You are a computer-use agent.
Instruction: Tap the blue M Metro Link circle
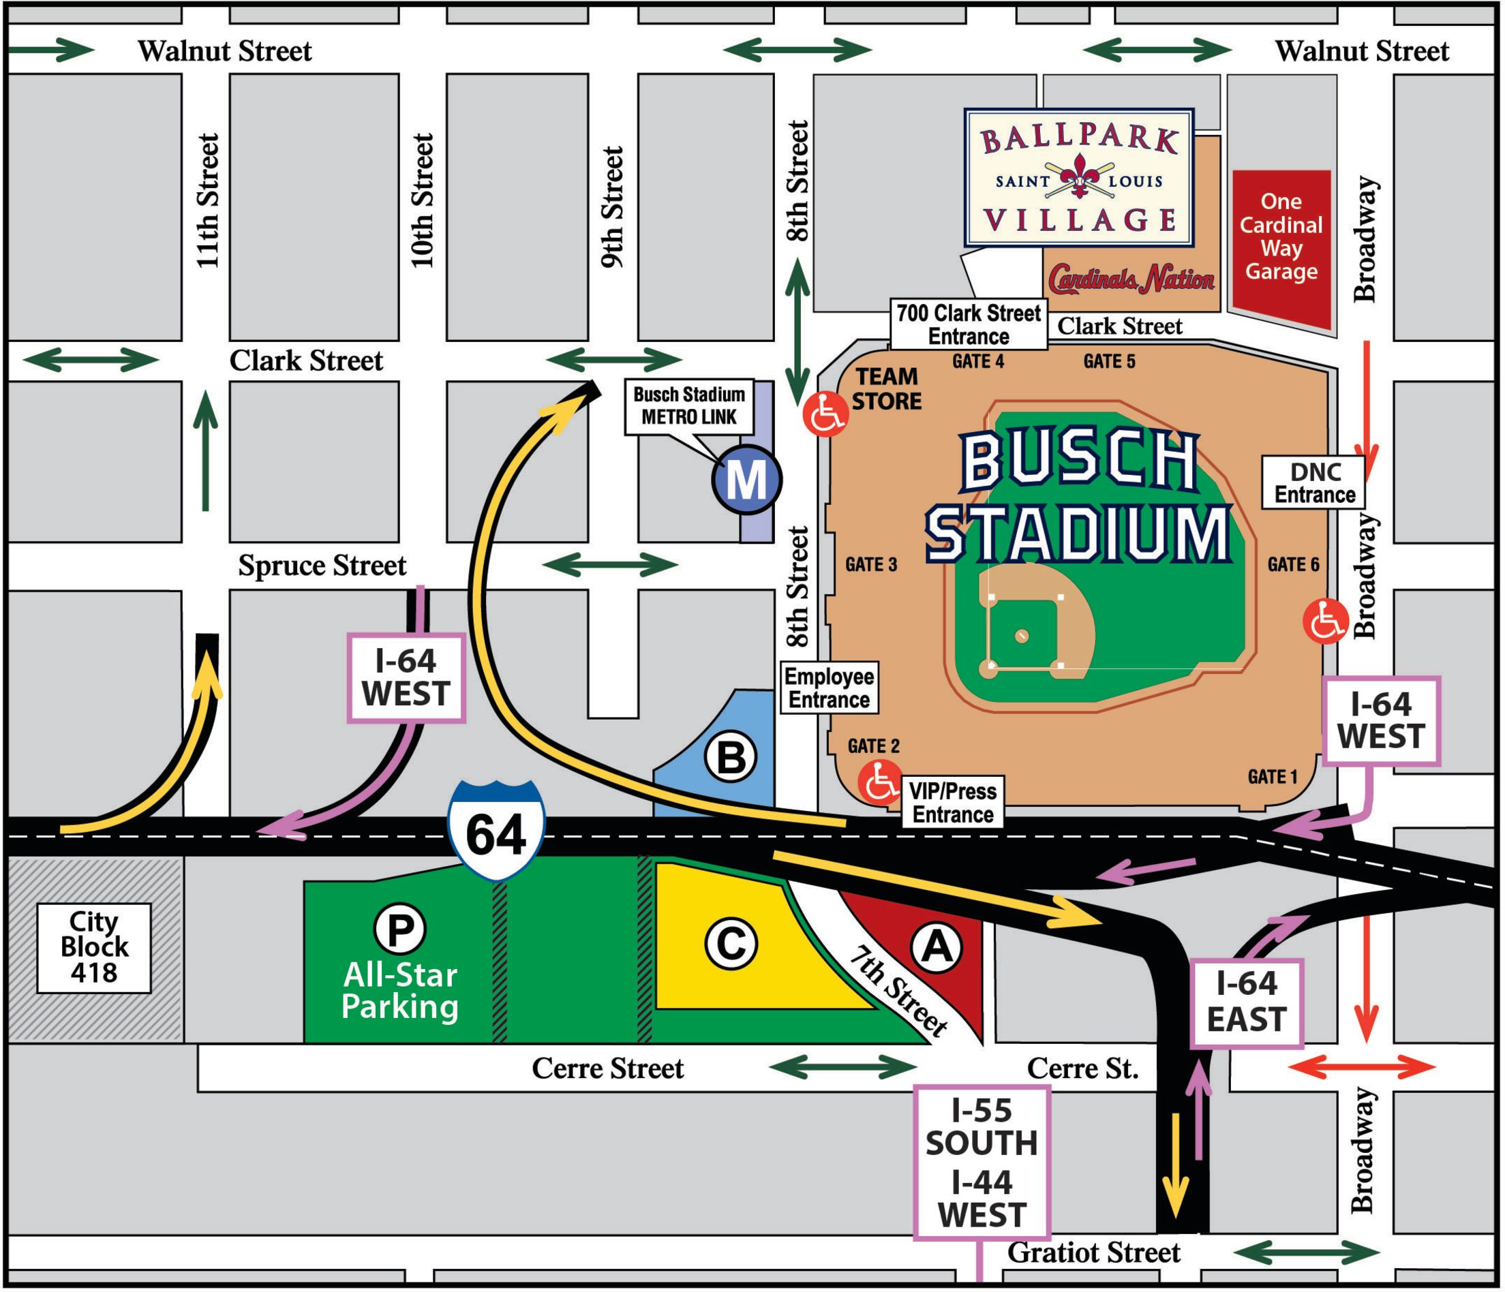(x=746, y=479)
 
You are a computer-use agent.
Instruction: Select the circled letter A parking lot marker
(x=937, y=948)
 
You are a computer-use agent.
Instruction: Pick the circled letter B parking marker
(x=731, y=757)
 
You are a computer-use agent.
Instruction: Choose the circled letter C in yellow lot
(x=731, y=944)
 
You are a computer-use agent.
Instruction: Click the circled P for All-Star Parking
(x=399, y=929)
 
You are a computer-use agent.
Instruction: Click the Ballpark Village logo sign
(x=1078, y=178)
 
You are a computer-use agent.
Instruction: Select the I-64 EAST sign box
(x=1247, y=1003)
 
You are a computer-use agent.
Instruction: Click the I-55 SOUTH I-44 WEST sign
(x=982, y=1163)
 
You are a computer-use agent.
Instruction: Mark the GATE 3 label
(x=871, y=564)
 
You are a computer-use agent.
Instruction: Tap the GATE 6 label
(x=1293, y=564)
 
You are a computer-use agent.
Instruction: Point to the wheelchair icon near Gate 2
(x=879, y=782)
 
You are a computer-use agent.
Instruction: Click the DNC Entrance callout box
(x=1314, y=483)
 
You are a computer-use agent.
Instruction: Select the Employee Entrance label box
(x=829, y=688)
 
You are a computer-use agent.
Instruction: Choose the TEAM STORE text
(x=886, y=388)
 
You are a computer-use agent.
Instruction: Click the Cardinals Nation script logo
(x=1131, y=279)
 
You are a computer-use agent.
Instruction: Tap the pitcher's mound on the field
(x=1021, y=636)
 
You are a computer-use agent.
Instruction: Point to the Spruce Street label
(x=322, y=566)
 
